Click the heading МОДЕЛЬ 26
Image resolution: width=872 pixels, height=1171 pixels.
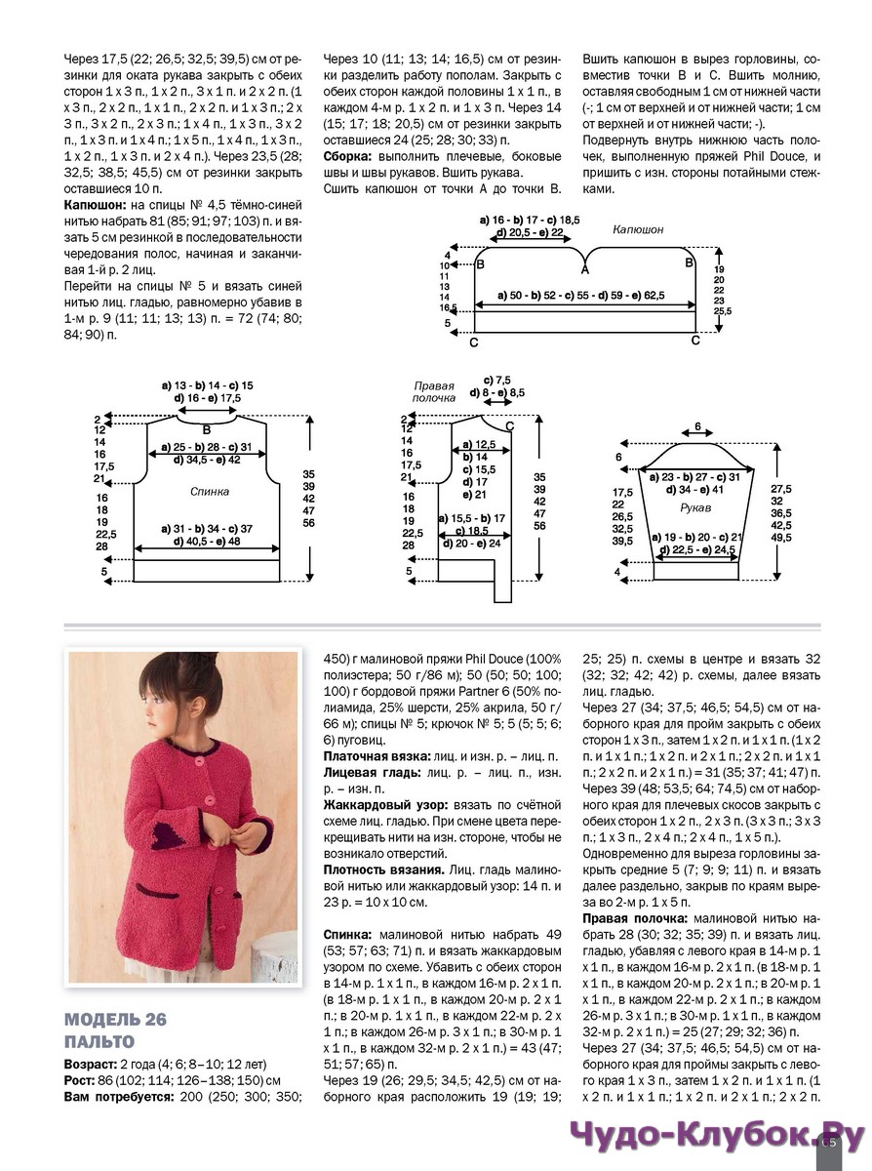point(116,1020)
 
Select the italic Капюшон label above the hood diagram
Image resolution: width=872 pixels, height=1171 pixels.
point(638,229)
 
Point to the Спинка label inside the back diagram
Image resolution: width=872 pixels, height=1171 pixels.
point(211,492)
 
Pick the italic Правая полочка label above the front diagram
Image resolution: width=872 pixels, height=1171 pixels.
point(435,391)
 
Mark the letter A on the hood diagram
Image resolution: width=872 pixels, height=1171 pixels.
point(585,268)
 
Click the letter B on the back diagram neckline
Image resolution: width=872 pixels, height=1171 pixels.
point(206,428)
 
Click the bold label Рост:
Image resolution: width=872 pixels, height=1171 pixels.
point(80,1080)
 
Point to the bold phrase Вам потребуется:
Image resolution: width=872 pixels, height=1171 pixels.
point(118,1097)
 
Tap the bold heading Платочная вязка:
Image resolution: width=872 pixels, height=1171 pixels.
point(379,756)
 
